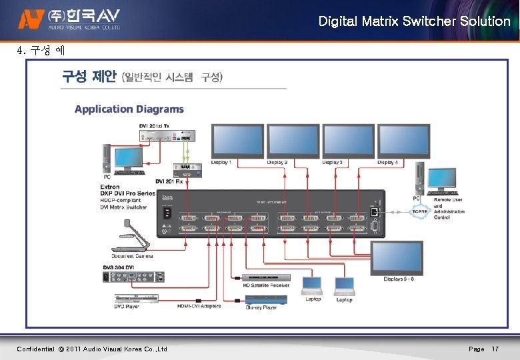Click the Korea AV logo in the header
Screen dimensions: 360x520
pyautogui.click(x=69, y=19)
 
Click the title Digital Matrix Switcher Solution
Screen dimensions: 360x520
pyautogui.click(x=414, y=21)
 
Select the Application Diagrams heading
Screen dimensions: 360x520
pyautogui.click(x=129, y=109)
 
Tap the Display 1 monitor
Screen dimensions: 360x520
pyautogui.click(x=236, y=141)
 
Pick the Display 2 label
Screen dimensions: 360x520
pyautogui.click(x=277, y=163)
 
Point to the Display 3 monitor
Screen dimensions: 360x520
pyautogui.click(x=347, y=141)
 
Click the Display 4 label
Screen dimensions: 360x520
pyautogui.click(x=387, y=163)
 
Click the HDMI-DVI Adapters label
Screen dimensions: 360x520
pyautogui.click(x=199, y=306)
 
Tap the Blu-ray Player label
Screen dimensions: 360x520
pyautogui.click(x=261, y=308)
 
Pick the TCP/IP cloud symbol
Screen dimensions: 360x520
pyautogui.click(x=420, y=211)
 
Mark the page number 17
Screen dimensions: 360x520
pyautogui.click(x=495, y=349)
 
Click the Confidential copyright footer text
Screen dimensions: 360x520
pyautogui.click(x=92, y=349)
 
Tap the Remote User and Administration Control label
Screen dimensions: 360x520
pyautogui.click(x=448, y=209)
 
